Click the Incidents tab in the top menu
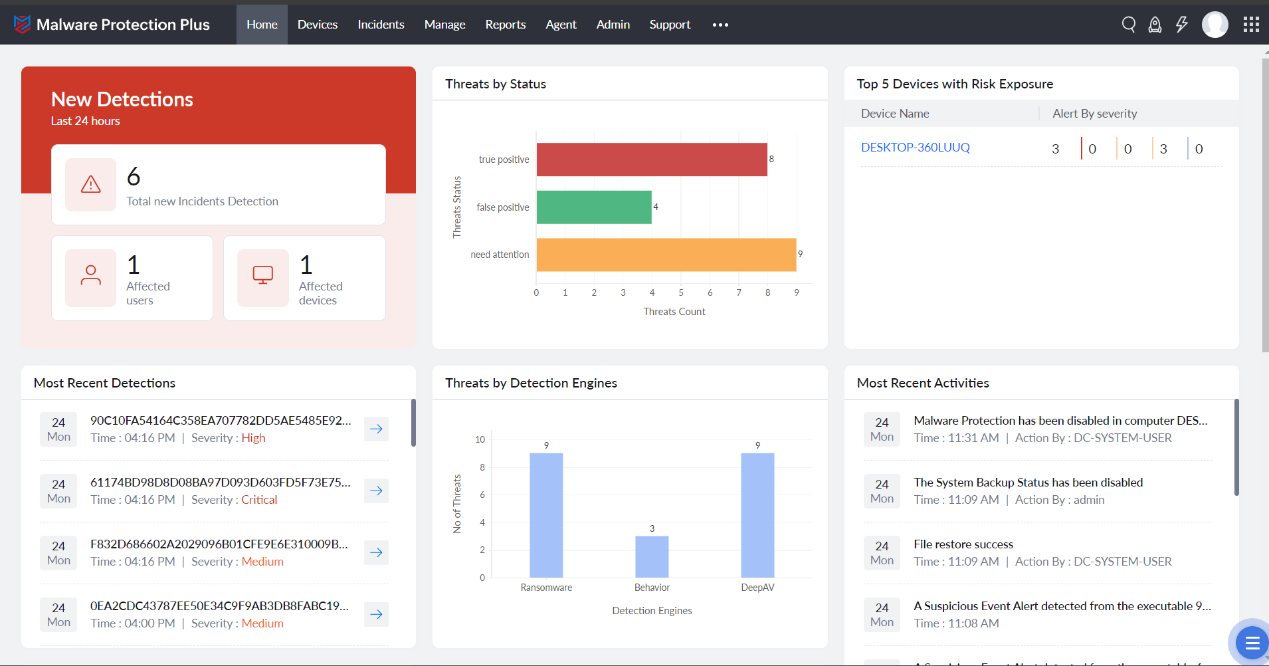click(x=381, y=25)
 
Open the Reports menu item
click(x=505, y=25)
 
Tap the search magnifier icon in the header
click(x=1128, y=25)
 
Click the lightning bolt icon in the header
click(x=1181, y=25)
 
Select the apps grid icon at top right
click(x=1251, y=25)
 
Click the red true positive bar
click(x=651, y=160)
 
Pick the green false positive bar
click(x=593, y=207)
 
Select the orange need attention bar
click(x=666, y=255)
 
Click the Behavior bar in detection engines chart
click(x=652, y=556)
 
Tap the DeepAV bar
click(x=757, y=515)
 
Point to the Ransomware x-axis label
click(x=546, y=588)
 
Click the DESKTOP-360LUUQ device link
click(x=915, y=148)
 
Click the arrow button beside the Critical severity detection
click(x=376, y=491)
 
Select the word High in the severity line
click(x=253, y=438)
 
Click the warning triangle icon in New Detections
click(x=91, y=185)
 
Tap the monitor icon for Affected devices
click(x=263, y=275)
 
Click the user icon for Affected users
click(x=91, y=275)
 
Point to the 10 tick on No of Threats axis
click(x=480, y=439)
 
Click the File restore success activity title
click(x=963, y=544)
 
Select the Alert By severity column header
click(x=1094, y=114)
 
